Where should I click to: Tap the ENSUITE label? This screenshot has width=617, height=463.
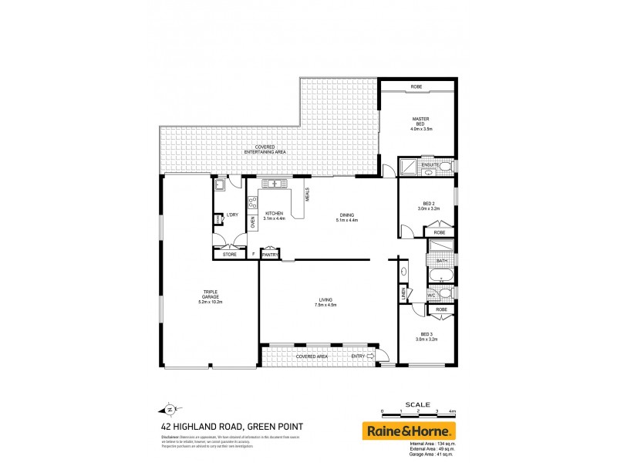point(430,165)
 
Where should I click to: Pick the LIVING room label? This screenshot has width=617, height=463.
point(326,302)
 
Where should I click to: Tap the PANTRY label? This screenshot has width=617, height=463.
point(270,254)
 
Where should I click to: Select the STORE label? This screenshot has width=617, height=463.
point(229,254)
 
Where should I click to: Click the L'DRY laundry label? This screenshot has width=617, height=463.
point(231,215)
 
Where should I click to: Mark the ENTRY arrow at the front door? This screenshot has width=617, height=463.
point(371,357)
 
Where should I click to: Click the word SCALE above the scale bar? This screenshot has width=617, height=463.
point(417,404)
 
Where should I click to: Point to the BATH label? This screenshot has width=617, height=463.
point(441,261)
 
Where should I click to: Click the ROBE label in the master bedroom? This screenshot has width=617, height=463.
point(416,86)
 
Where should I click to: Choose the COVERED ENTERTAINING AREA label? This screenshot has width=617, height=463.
point(265,150)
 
